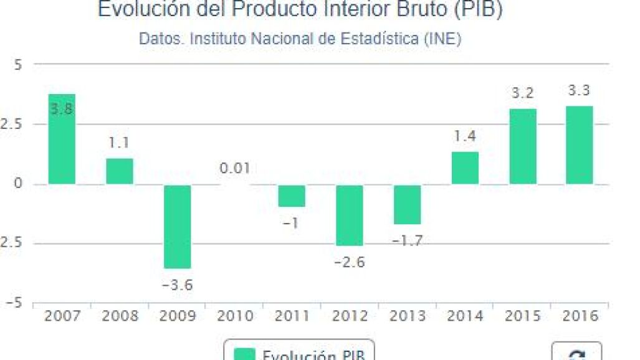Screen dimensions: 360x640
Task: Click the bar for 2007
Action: tap(62, 139)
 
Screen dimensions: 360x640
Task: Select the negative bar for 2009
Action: tap(177, 226)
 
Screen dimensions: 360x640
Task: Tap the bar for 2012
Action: tap(350, 215)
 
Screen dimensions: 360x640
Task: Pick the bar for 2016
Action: tap(580, 145)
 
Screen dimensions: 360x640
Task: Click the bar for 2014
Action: tap(465, 168)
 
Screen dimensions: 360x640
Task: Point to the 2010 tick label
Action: tap(235, 316)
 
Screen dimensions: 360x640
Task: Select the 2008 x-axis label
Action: tap(120, 316)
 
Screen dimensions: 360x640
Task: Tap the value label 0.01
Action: tap(235, 168)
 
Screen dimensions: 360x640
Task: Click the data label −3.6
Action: tap(177, 286)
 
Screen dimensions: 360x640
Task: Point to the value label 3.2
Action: tap(522, 93)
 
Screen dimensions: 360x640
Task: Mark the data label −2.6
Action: tap(350, 262)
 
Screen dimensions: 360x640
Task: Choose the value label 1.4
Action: tap(465, 136)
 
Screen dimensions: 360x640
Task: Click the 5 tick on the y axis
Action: tap(17, 65)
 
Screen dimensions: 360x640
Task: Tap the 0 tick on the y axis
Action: tap(18, 184)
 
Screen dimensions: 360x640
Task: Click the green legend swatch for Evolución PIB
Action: tap(245, 355)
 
